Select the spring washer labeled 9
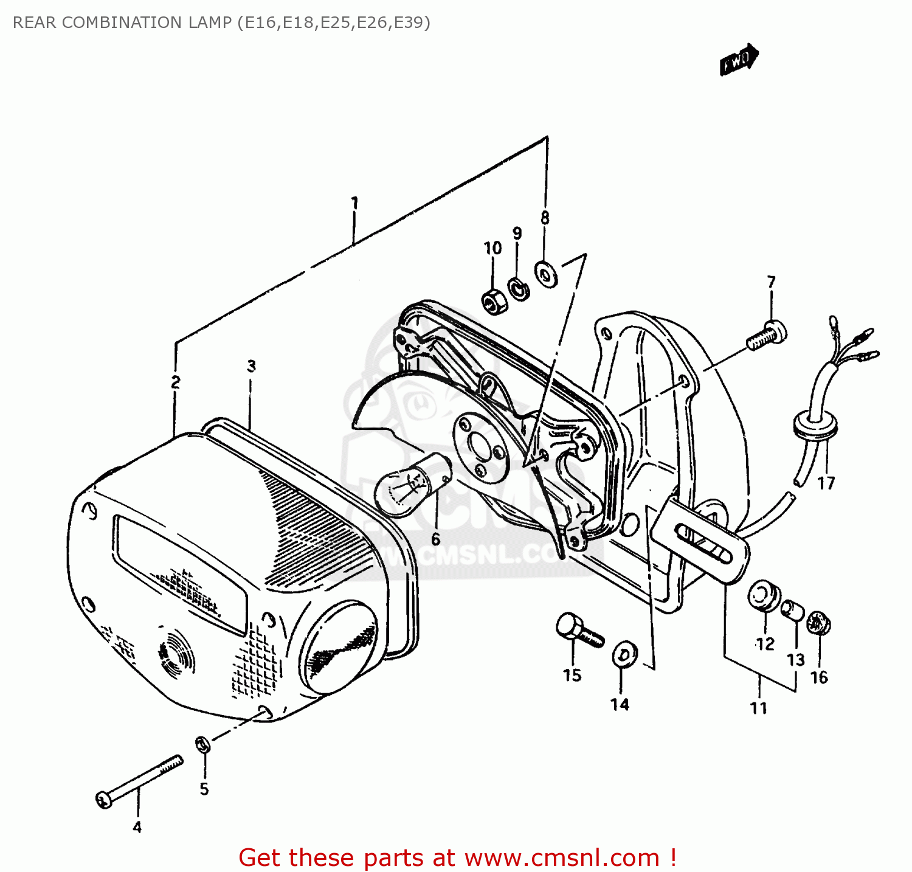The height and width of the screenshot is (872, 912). coord(519,288)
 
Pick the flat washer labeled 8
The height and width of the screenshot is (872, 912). coord(546,273)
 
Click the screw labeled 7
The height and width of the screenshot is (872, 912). coord(767,335)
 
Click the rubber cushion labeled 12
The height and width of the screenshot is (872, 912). coord(764,595)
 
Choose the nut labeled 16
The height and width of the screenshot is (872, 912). coord(818,623)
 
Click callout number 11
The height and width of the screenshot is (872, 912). coord(758,708)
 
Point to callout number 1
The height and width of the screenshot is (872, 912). coord(354,203)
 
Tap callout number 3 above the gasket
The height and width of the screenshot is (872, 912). coord(251,366)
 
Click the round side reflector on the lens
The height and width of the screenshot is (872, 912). coord(339,646)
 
